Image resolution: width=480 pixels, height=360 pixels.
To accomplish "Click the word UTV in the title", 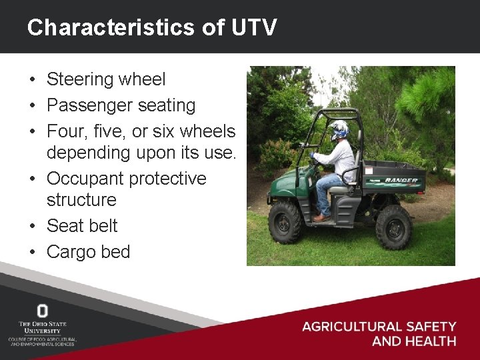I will (x=254, y=27).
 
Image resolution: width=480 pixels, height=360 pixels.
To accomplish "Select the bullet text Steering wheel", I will (x=106, y=79).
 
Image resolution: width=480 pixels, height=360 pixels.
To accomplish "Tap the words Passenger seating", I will (x=121, y=105).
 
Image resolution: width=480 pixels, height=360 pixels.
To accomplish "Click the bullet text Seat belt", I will (x=81, y=226).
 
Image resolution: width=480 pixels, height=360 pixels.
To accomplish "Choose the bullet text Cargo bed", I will (x=88, y=252).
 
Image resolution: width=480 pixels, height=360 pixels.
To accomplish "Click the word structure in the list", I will (x=81, y=199).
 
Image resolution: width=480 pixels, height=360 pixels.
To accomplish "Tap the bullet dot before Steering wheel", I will (x=32, y=80).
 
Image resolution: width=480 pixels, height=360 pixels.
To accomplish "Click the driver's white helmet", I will (x=340, y=129).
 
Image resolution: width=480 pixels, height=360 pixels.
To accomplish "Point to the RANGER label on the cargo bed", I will (x=402, y=180).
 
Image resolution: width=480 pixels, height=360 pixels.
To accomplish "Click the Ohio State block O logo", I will (x=43, y=311).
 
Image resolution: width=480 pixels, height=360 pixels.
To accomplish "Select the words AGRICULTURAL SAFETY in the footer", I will (x=379, y=327).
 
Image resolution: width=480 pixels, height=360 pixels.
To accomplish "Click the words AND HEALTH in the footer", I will (x=413, y=341).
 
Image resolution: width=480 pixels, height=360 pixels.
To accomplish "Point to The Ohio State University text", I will (x=43, y=327).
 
